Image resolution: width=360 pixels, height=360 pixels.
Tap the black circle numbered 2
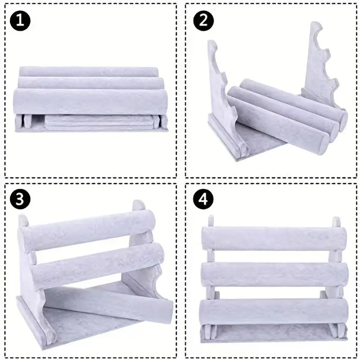pyautogui.click(x=203, y=21)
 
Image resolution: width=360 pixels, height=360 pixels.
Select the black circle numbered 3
pyautogui.click(x=20, y=199)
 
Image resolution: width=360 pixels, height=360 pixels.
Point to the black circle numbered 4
pyautogui.click(x=203, y=199)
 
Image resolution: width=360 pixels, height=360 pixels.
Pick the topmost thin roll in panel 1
pyautogui.click(x=89, y=72)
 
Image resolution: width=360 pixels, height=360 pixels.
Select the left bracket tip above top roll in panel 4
pyautogui.click(x=211, y=221)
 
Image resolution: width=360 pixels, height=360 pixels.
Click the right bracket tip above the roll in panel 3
pyautogui.click(x=139, y=205)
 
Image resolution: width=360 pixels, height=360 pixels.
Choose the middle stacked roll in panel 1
pyautogui.click(x=91, y=83)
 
